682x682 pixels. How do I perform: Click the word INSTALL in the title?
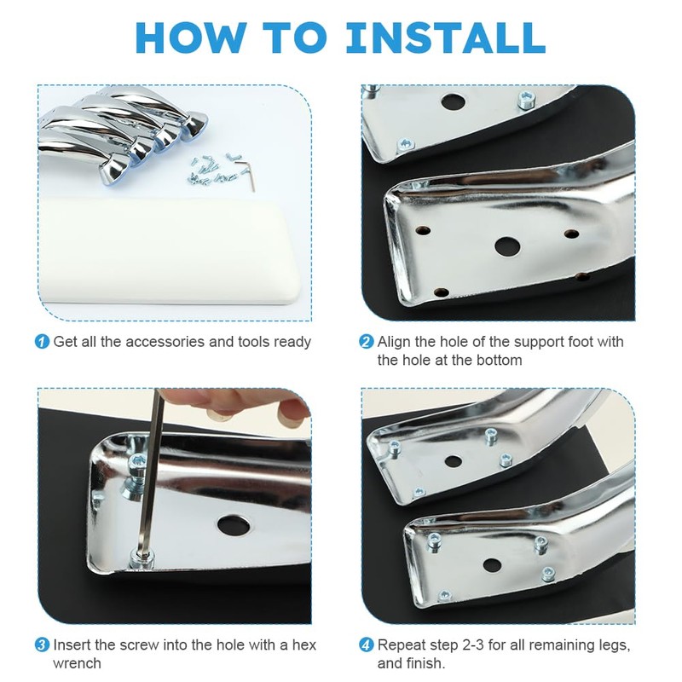445,38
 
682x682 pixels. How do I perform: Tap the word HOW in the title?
192,38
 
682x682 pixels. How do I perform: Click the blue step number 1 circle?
42,342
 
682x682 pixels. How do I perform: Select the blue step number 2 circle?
367,342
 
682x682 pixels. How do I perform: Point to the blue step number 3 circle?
42,644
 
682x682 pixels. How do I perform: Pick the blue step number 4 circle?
367,644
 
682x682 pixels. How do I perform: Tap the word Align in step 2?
394,342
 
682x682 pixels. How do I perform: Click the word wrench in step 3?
77,663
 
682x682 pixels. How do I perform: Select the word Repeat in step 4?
402,645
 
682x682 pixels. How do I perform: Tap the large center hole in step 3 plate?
234,525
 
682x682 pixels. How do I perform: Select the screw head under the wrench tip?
141,559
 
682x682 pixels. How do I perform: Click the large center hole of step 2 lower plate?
507,246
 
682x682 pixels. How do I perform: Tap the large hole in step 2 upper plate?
454,102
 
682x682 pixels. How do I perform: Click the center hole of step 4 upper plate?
454,461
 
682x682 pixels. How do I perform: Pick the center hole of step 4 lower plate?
492,565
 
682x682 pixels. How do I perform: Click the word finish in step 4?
424,663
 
